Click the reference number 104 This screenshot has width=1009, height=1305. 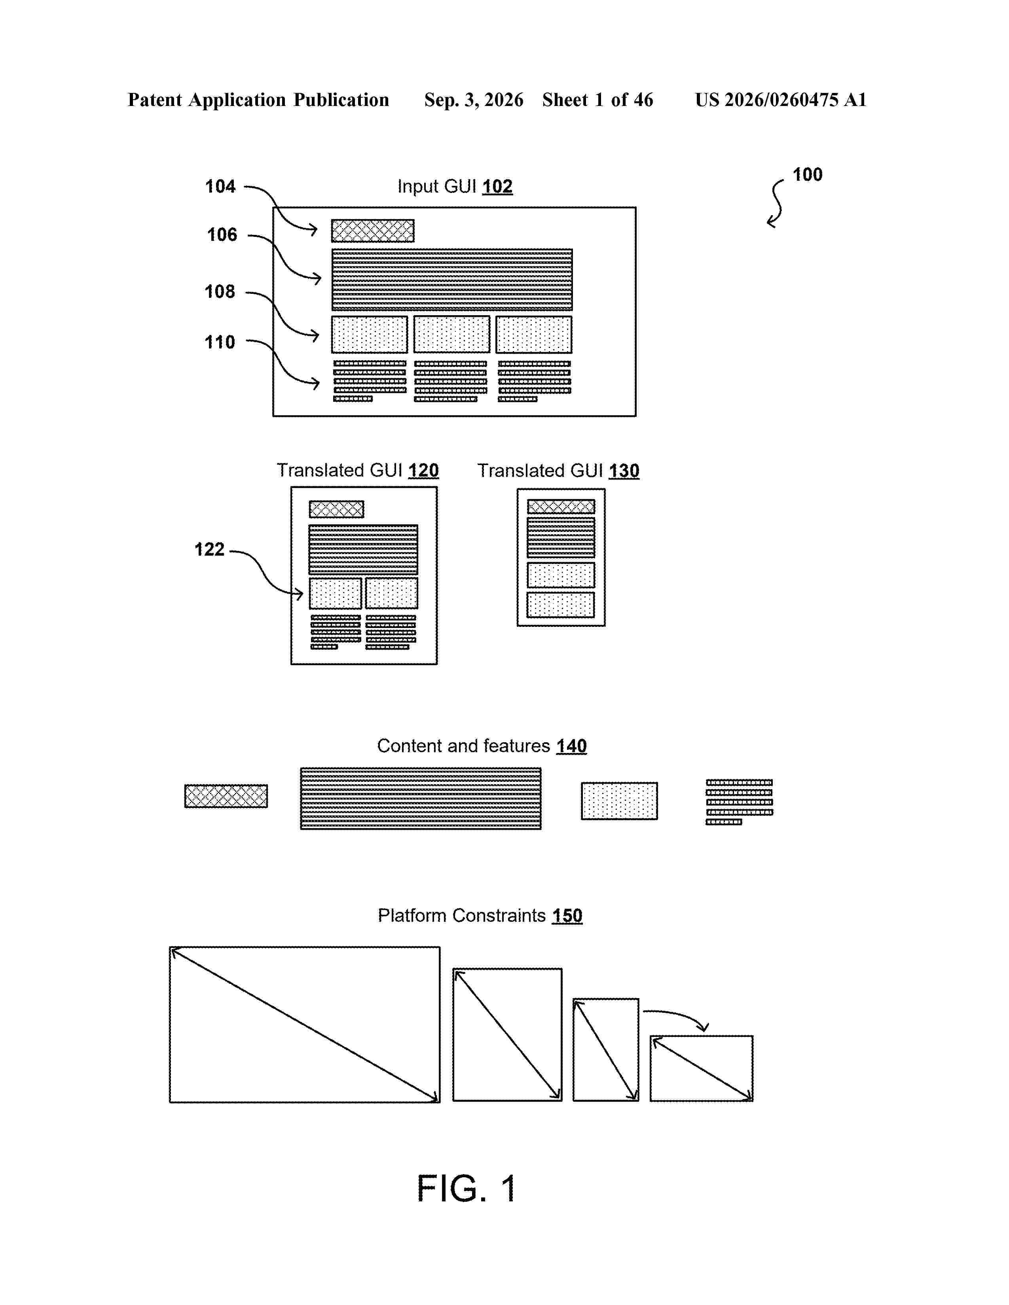tap(220, 186)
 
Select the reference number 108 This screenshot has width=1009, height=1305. tap(220, 291)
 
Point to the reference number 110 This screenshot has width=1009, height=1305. tap(220, 342)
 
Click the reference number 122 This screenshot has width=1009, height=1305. tap(209, 549)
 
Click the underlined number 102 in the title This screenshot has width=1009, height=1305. tap(497, 186)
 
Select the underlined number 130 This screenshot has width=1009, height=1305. tap(624, 471)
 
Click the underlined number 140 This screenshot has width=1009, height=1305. tap(571, 746)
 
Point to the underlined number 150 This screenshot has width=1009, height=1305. tap(567, 915)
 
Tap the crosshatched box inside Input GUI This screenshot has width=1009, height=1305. tap(372, 231)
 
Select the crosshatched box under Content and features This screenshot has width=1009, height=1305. tap(226, 796)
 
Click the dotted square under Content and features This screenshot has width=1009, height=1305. tap(619, 801)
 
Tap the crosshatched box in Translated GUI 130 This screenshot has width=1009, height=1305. tap(561, 507)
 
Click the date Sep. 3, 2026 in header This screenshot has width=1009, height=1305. tap(474, 100)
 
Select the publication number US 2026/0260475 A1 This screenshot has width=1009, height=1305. tap(781, 100)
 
